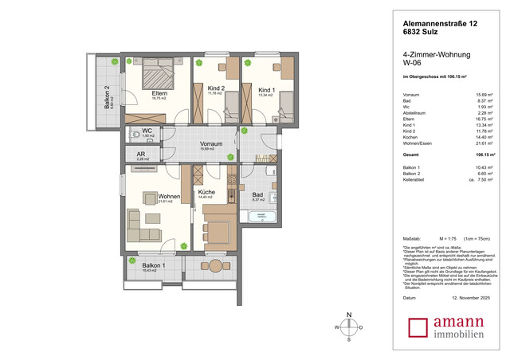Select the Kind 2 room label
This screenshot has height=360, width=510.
pyautogui.click(x=216, y=88)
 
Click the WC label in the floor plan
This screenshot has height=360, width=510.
pyautogui.click(x=147, y=131)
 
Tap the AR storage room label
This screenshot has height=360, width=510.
pyautogui.click(x=141, y=155)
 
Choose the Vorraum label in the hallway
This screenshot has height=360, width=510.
pyautogui.click(x=210, y=143)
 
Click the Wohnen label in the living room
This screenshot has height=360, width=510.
pyautogui.click(x=169, y=196)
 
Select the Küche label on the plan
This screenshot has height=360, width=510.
pyautogui.click(x=206, y=193)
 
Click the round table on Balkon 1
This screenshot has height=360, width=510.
pyautogui.click(x=216, y=264)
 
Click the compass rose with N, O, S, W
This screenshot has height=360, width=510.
pyautogui.click(x=348, y=327)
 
